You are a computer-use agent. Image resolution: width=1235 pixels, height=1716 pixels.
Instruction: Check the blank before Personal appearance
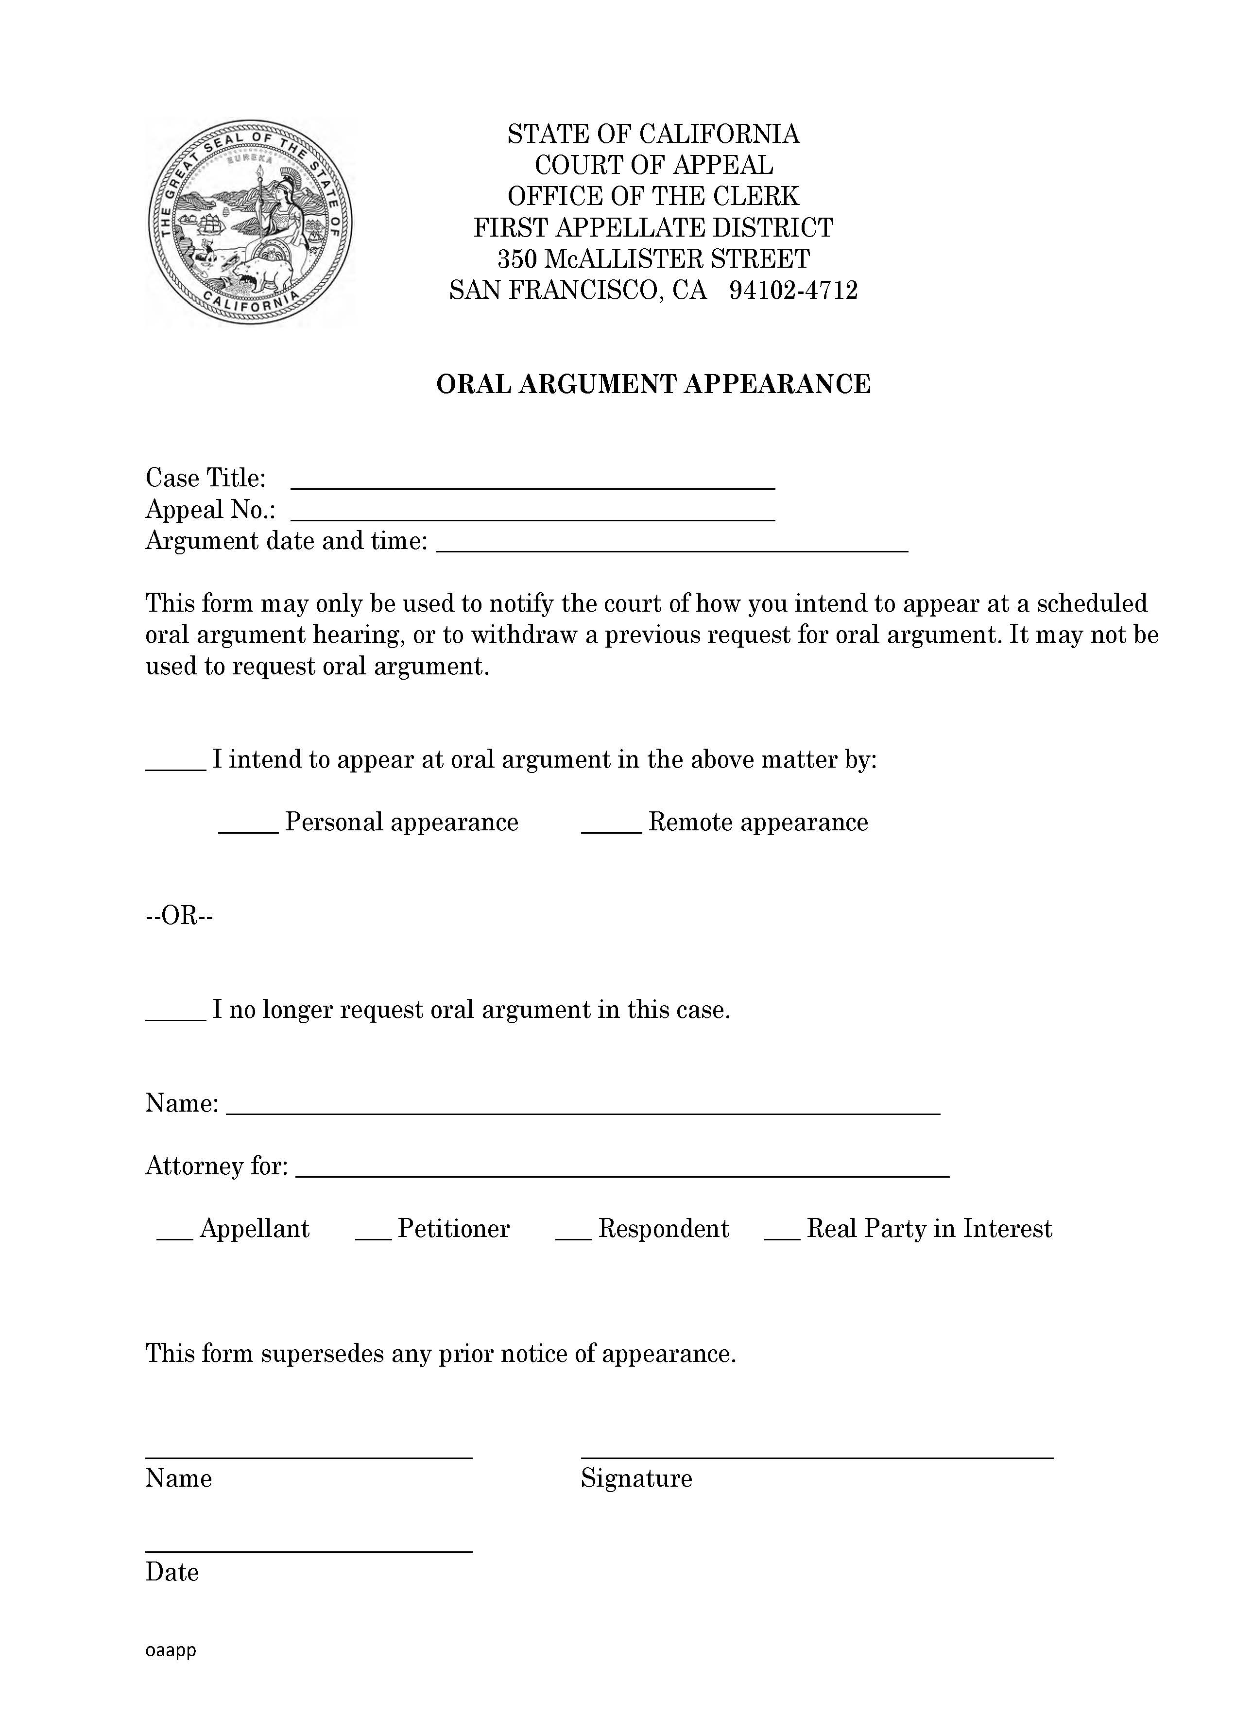248,828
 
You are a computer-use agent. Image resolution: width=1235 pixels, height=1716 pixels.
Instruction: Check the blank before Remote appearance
612,828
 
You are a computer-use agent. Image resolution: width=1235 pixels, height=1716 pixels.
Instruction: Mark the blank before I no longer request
175,1015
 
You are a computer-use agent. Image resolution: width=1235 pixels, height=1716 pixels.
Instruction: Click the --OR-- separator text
179,916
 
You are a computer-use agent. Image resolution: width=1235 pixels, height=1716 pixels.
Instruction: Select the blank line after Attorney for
622,1171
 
